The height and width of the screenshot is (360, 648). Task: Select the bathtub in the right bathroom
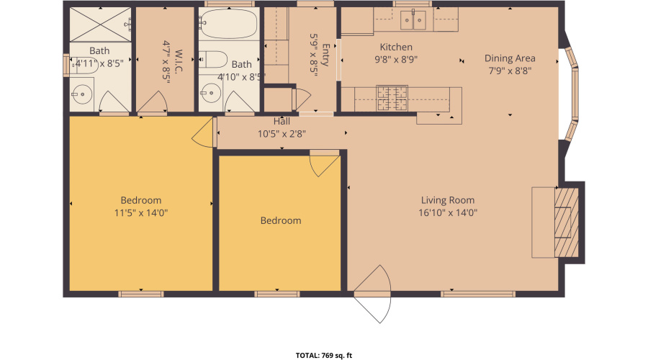(228, 25)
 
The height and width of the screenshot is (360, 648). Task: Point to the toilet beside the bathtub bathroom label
(214, 60)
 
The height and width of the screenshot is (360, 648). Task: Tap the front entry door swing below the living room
(374, 295)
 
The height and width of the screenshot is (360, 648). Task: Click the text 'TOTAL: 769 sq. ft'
(324, 355)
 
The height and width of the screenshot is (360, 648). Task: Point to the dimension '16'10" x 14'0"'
(448, 212)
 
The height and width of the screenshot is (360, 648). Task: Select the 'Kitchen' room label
(396, 48)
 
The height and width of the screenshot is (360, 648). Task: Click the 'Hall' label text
(282, 121)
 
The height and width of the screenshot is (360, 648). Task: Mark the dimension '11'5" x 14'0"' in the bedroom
(141, 212)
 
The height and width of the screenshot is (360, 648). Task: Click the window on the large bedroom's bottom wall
(141, 294)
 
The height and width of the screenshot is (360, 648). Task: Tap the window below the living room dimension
(477, 294)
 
